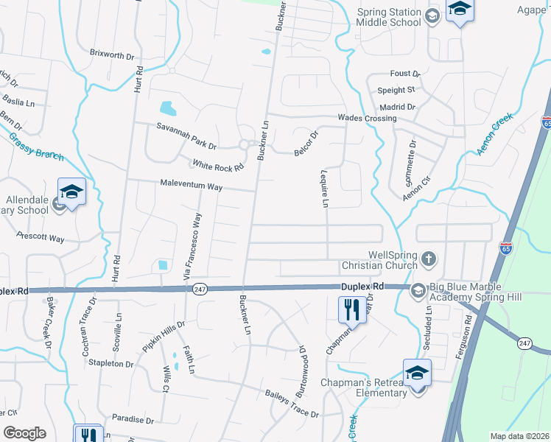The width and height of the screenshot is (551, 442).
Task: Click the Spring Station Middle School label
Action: coord(388,17)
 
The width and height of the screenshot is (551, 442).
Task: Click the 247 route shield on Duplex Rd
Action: coord(199,290)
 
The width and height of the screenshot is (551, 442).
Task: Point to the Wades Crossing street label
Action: coord(367,119)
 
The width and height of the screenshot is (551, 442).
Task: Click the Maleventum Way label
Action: coord(192,186)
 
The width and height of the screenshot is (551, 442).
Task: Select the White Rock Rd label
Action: coord(217,165)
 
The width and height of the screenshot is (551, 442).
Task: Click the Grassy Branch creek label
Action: coord(36,146)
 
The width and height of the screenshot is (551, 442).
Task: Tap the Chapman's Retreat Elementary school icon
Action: coord(416,373)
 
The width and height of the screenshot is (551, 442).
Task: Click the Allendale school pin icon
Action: coord(72,192)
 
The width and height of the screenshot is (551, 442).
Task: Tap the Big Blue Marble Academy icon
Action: coord(418,292)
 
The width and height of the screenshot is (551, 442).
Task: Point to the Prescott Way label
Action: coord(41,238)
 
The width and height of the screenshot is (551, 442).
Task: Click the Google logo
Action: coord(24,433)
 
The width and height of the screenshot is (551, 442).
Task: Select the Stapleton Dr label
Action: coord(110,364)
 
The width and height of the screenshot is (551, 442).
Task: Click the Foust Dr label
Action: coord(404,74)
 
